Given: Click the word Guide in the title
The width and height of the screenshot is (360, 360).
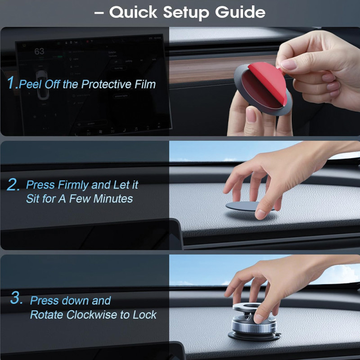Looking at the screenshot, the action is click(240, 12).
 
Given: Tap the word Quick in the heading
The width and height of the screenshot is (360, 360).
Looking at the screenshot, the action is click(133, 12).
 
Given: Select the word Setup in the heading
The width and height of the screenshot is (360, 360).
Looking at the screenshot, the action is click(186, 13).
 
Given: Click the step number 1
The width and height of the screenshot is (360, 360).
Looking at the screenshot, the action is click(12, 83).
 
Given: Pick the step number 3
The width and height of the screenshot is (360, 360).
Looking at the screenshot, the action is click(17, 298).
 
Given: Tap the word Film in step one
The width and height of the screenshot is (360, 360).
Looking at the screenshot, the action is click(145, 84).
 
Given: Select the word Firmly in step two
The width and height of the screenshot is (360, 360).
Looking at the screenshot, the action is click(73, 185).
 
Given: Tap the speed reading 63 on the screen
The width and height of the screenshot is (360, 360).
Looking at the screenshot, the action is click(39, 51).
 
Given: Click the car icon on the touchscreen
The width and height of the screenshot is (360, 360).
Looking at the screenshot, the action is click(42, 85).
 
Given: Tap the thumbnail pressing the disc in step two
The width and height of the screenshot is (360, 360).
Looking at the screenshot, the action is click(261, 214).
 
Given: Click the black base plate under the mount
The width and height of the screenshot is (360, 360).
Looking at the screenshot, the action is click(254, 336).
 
